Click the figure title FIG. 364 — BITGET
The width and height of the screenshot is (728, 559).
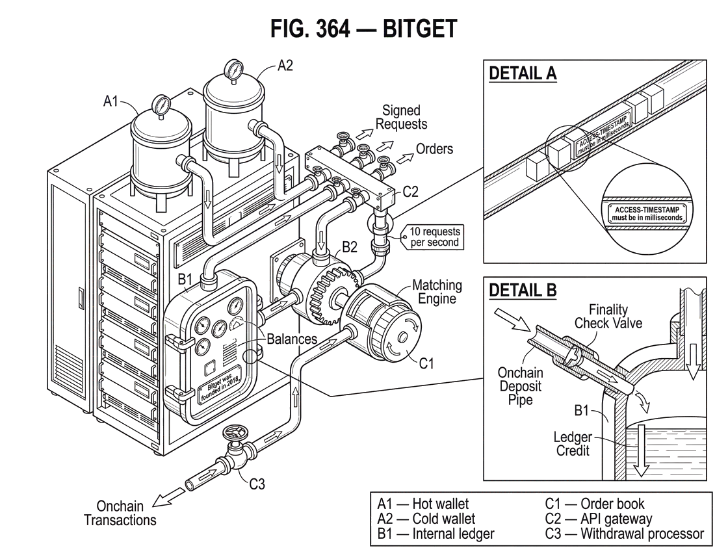pyautogui.click(x=364, y=29)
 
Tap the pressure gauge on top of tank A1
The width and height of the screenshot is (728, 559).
pyautogui.click(x=161, y=105)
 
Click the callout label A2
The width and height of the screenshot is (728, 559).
pyautogui.click(x=285, y=66)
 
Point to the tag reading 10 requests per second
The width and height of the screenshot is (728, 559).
pyautogui.click(x=434, y=237)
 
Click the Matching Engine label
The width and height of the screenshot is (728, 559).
pyautogui.click(x=437, y=292)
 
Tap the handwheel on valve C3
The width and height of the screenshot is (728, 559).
pyautogui.click(x=235, y=434)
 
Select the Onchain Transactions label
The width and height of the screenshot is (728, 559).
pyautogui.click(x=120, y=513)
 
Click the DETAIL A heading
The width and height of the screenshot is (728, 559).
pyautogui.click(x=523, y=73)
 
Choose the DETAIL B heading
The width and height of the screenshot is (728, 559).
pyautogui.click(x=523, y=290)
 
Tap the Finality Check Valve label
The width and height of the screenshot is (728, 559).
pyautogui.click(x=608, y=316)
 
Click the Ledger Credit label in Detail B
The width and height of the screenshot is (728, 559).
pyautogui.click(x=573, y=444)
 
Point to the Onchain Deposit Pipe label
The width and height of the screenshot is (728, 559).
pyautogui.click(x=520, y=386)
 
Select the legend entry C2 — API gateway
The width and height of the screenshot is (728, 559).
pyautogui.click(x=599, y=519)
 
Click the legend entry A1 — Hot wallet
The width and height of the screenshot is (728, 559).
pyautogui.click(x=422, y=504)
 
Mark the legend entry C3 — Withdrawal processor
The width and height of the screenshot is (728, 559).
pyautogui.click(x=625, y=534)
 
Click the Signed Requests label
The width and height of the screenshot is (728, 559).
pyautogui.click(x=401, y=117)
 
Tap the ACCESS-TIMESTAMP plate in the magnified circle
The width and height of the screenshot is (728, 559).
pyautogui.click(x=647, y=214)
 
